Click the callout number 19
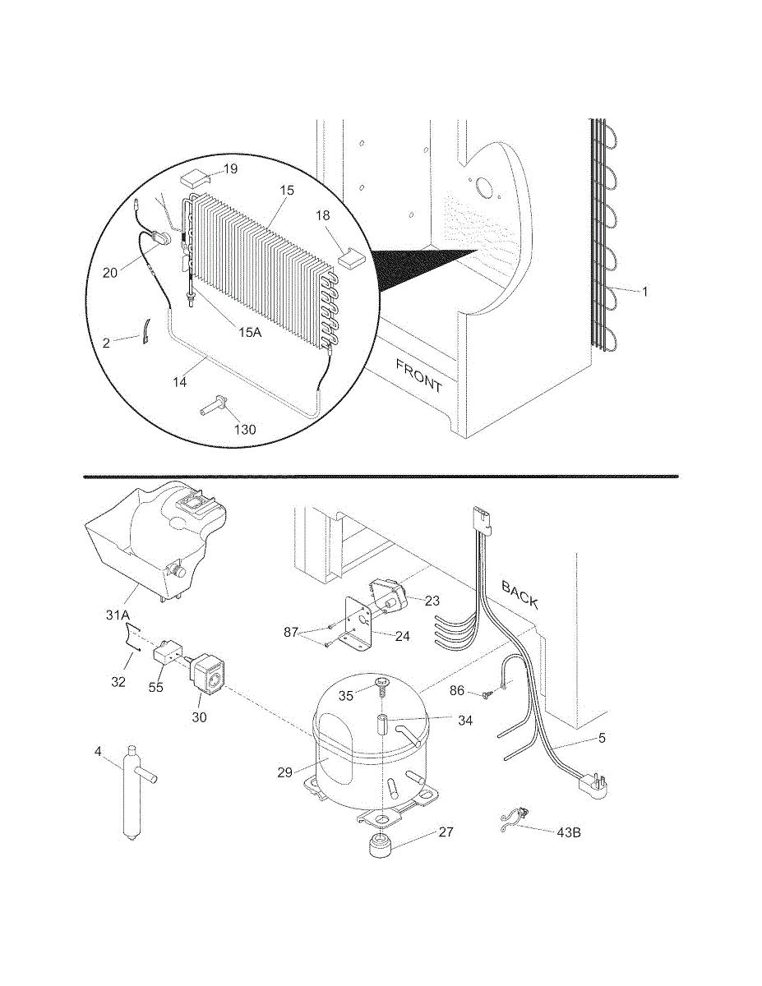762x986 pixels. [230, 169]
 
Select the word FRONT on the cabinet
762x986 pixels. [418, 375]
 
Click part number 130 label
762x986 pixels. [244, 429]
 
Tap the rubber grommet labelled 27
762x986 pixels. [380, 845]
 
